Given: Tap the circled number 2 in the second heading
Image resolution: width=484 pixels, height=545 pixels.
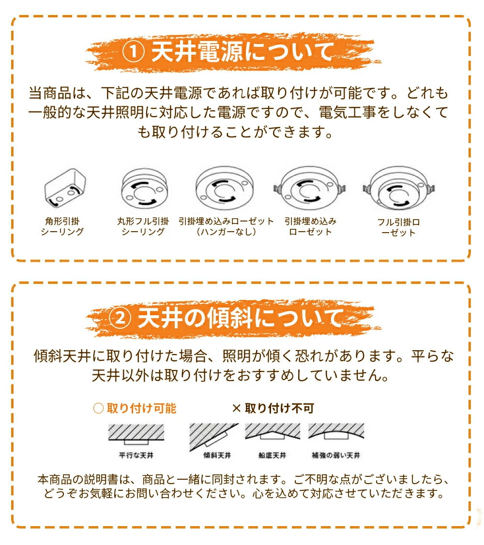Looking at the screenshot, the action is (120, 318).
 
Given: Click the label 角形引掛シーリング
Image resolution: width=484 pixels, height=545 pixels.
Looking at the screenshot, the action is (62, 226).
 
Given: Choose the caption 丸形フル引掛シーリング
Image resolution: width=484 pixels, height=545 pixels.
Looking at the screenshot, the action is (143, 226).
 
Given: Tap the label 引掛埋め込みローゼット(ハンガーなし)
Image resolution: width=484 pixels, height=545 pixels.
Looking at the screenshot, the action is (226, 226).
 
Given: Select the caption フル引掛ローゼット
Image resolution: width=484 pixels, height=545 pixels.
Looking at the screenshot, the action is (399, 227).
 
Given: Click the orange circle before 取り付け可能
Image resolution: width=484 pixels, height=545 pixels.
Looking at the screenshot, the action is (98, 408).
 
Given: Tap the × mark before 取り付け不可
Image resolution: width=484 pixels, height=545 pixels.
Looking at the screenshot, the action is (236, 409).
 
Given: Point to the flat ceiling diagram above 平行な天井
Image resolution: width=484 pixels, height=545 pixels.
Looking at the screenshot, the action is (136, 434).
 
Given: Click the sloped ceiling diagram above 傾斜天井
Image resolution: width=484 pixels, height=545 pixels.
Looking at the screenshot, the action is (213, 437).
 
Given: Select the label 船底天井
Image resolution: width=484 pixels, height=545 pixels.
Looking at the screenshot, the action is (272, 455).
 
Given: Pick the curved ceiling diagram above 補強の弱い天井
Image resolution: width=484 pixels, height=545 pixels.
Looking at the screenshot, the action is (336, 432).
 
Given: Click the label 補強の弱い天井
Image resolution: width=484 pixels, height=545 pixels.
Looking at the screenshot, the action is (336, 455).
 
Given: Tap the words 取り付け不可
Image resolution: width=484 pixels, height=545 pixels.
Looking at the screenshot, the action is (279, 408).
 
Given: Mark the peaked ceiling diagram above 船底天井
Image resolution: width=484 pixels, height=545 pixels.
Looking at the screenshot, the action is (272, 431).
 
